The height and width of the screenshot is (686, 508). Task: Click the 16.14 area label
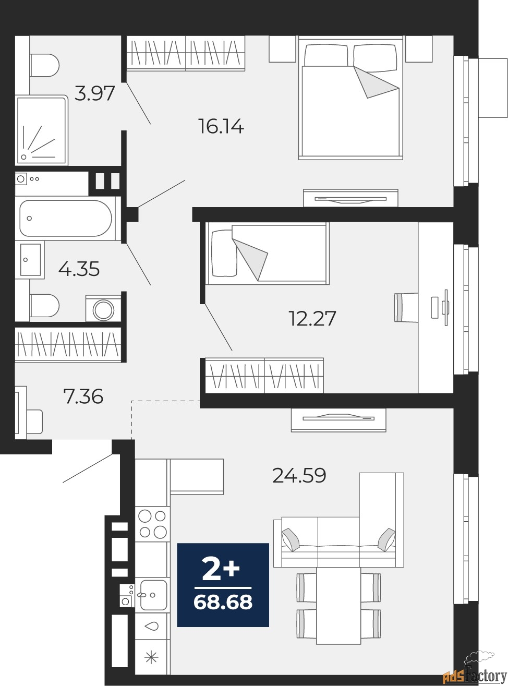(x=221, y=126)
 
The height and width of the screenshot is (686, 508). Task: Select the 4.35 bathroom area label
(x=79, y=269)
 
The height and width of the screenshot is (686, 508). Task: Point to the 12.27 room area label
(x=312, y=318)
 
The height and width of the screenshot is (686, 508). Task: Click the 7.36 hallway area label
(x=83, y=396)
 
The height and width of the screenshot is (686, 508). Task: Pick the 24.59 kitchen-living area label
(x=299, y=475)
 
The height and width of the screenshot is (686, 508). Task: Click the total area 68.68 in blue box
(x=223, y=602)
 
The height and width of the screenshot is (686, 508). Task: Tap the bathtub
(x=66, y=219)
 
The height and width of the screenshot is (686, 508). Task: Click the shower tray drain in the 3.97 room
(x=24, y=157)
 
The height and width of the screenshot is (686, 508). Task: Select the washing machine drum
(x=104, y=309)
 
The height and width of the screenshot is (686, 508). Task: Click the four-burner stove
(x=152, y=524)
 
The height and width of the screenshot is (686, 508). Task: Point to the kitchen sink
(x=153, y=595)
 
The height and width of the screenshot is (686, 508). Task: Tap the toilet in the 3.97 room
(x=44, y=66)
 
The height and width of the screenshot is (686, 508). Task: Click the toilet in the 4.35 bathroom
(x=44, y=306)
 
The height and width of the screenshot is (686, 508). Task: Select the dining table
(x=338, y=605)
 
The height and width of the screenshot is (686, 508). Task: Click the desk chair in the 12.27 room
(x=406, y=308)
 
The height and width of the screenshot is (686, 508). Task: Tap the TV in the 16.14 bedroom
(x=350, y=199)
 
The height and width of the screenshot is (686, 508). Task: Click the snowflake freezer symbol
(x=151, y=657)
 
